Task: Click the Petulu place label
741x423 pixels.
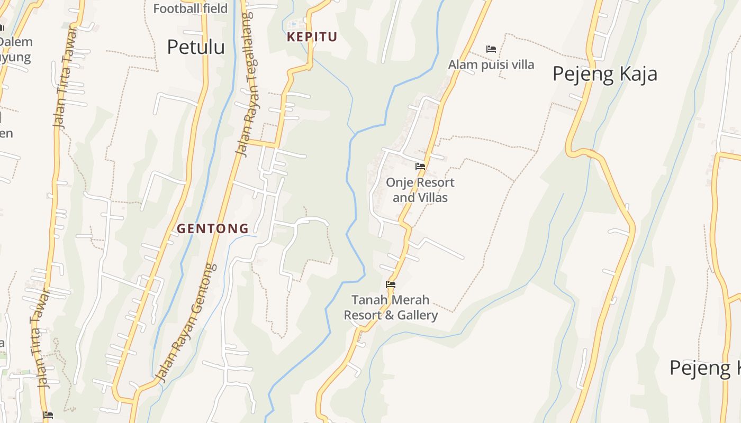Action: tap(196, 47)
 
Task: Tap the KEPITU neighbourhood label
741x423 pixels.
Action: tap(312, 37)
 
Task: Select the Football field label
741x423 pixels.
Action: tap(190, 8)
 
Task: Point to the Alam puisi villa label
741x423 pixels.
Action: tap(491, 65)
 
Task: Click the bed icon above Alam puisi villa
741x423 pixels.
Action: tap(491, 49)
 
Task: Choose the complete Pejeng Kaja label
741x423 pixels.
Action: tap(604, 73)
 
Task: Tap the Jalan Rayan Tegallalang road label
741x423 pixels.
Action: tap(245, 85)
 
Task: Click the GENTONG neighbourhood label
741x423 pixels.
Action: tap(212, 228)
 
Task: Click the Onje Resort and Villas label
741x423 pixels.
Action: tap(420, 190)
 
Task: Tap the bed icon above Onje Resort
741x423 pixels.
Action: tap(420, 166)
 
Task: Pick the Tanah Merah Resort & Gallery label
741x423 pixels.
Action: tap(391, 308)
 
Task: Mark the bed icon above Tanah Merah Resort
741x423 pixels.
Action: tap(391, 284)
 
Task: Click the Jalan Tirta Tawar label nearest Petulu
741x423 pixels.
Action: tap(65, 77)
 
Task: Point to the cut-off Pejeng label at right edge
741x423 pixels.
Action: tap(704, 367)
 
